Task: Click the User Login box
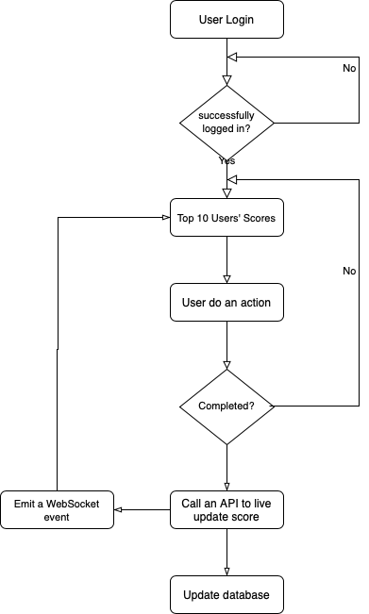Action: tap(226, 19)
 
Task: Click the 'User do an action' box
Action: tap(226, 304)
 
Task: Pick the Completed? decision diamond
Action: tap(226, 407)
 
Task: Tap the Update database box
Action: tap(226, 595)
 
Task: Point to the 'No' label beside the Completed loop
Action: tap(349, 270)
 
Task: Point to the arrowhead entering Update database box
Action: tap(226, 572)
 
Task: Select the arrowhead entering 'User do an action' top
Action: tap(226, 279)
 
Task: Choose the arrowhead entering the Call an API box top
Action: tap(226, 486)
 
